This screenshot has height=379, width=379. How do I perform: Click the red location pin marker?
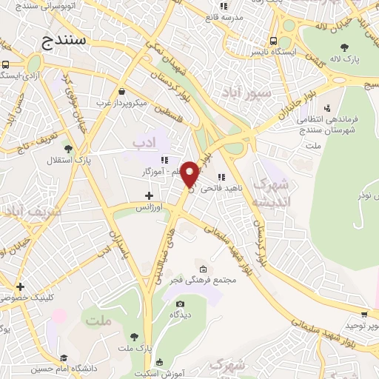(x=190, y=173)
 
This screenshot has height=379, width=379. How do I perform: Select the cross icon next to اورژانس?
(x=150, y=196)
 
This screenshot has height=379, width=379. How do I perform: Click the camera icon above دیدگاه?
(x=179, y=303)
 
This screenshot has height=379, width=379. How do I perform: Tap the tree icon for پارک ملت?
(x=133, y=336)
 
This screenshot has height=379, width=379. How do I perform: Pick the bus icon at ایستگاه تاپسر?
(x=274, y=41)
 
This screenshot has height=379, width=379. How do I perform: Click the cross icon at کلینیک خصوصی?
(x=20, y=286)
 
